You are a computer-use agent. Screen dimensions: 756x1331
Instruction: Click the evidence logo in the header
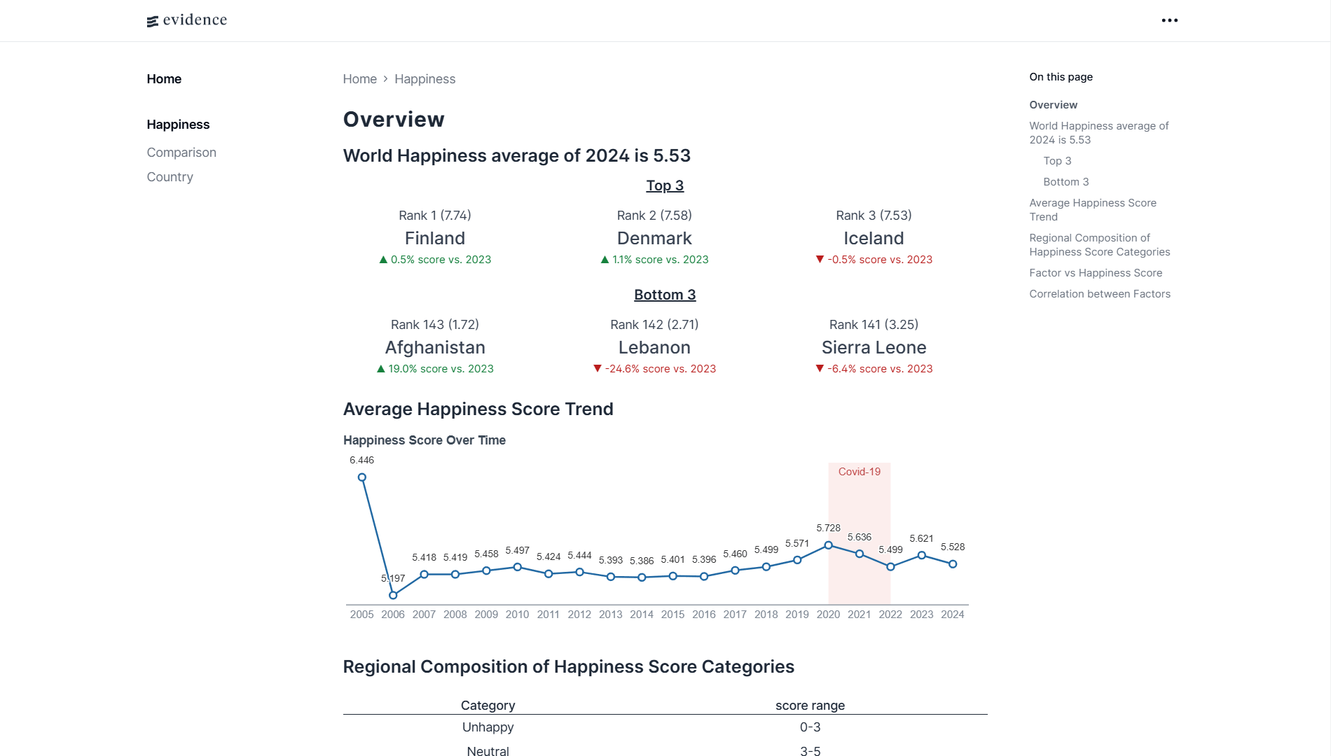[187, 20]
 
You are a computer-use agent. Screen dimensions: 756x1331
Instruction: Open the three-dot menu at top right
[1169, 20]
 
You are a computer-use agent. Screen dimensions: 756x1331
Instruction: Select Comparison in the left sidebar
[181, 153]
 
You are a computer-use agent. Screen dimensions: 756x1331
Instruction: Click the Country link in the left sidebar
[170, 177]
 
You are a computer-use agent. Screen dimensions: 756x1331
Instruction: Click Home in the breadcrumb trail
[359, 79]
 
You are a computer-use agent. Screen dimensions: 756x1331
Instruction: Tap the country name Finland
[434, 238]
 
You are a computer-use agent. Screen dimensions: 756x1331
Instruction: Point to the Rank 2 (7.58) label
[654, 216]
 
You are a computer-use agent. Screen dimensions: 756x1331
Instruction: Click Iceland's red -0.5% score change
[874, 260]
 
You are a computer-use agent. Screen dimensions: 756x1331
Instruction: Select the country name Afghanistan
[434, 347]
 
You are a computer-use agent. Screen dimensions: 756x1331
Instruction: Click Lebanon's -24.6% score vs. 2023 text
[654, 369]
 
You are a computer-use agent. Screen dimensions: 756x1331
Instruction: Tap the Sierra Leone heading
[874, 347]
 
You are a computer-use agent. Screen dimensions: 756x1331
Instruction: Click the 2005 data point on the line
[362, 477]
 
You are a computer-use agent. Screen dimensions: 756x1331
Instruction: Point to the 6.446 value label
[361, 460]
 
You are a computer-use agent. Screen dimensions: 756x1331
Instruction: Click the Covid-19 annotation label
[859, 472]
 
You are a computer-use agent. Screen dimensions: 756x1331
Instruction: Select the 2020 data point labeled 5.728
[828, 545]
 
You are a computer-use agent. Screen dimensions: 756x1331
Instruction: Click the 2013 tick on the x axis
[610, 615]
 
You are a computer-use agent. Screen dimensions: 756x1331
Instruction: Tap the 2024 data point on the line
[953, 563]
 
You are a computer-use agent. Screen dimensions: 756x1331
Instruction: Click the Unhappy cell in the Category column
[488, 727]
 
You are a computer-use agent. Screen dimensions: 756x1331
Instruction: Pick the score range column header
[810, 706]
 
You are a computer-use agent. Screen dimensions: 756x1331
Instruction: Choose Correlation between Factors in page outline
[1099, 294]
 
